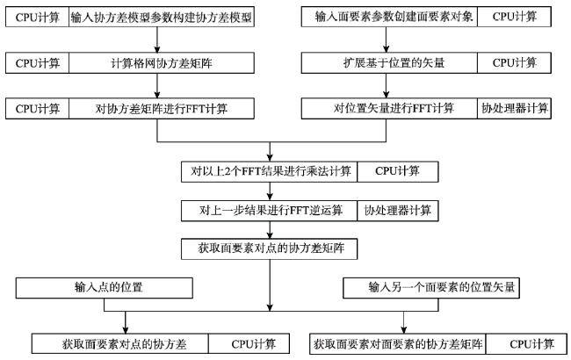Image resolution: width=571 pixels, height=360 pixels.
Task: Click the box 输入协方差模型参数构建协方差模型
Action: [162, 17]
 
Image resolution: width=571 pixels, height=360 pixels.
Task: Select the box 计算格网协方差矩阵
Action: [162, 63]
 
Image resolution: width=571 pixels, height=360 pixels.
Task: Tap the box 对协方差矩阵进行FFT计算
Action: [162, 109]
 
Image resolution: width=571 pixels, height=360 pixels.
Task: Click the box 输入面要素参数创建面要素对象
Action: [389, 17]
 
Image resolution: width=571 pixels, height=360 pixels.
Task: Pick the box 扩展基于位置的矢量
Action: [389, 62]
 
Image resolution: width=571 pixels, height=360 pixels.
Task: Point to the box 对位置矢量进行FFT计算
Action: [389, 108]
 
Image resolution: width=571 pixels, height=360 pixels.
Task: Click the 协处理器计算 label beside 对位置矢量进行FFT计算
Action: [515, 108]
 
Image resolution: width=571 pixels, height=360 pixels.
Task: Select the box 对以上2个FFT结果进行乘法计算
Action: [270, 171]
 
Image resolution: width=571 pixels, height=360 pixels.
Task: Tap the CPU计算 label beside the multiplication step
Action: [398, 171]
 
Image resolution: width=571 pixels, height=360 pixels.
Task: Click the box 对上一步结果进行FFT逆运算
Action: [270, 211]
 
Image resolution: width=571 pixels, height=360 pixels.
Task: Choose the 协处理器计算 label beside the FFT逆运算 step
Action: [398, 211]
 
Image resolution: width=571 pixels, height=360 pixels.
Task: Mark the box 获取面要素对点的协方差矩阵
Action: [270, 248]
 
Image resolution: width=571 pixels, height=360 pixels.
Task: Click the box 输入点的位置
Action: [105, 288]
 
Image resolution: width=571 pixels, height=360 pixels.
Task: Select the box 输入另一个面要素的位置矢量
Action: [431, 288]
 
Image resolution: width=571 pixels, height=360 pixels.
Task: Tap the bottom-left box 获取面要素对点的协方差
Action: [120, 343]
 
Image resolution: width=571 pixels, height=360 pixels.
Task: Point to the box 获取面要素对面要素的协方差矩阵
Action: [398, 343]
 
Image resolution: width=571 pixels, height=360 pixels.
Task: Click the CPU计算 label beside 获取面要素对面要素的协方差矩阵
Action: [526, 343]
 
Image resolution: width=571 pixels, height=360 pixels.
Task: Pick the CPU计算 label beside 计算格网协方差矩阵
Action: [37, 63]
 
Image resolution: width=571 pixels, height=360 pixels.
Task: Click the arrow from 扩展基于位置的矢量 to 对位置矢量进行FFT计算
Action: [386, 85]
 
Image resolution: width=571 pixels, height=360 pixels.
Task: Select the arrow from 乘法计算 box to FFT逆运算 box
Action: [270, 191]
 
